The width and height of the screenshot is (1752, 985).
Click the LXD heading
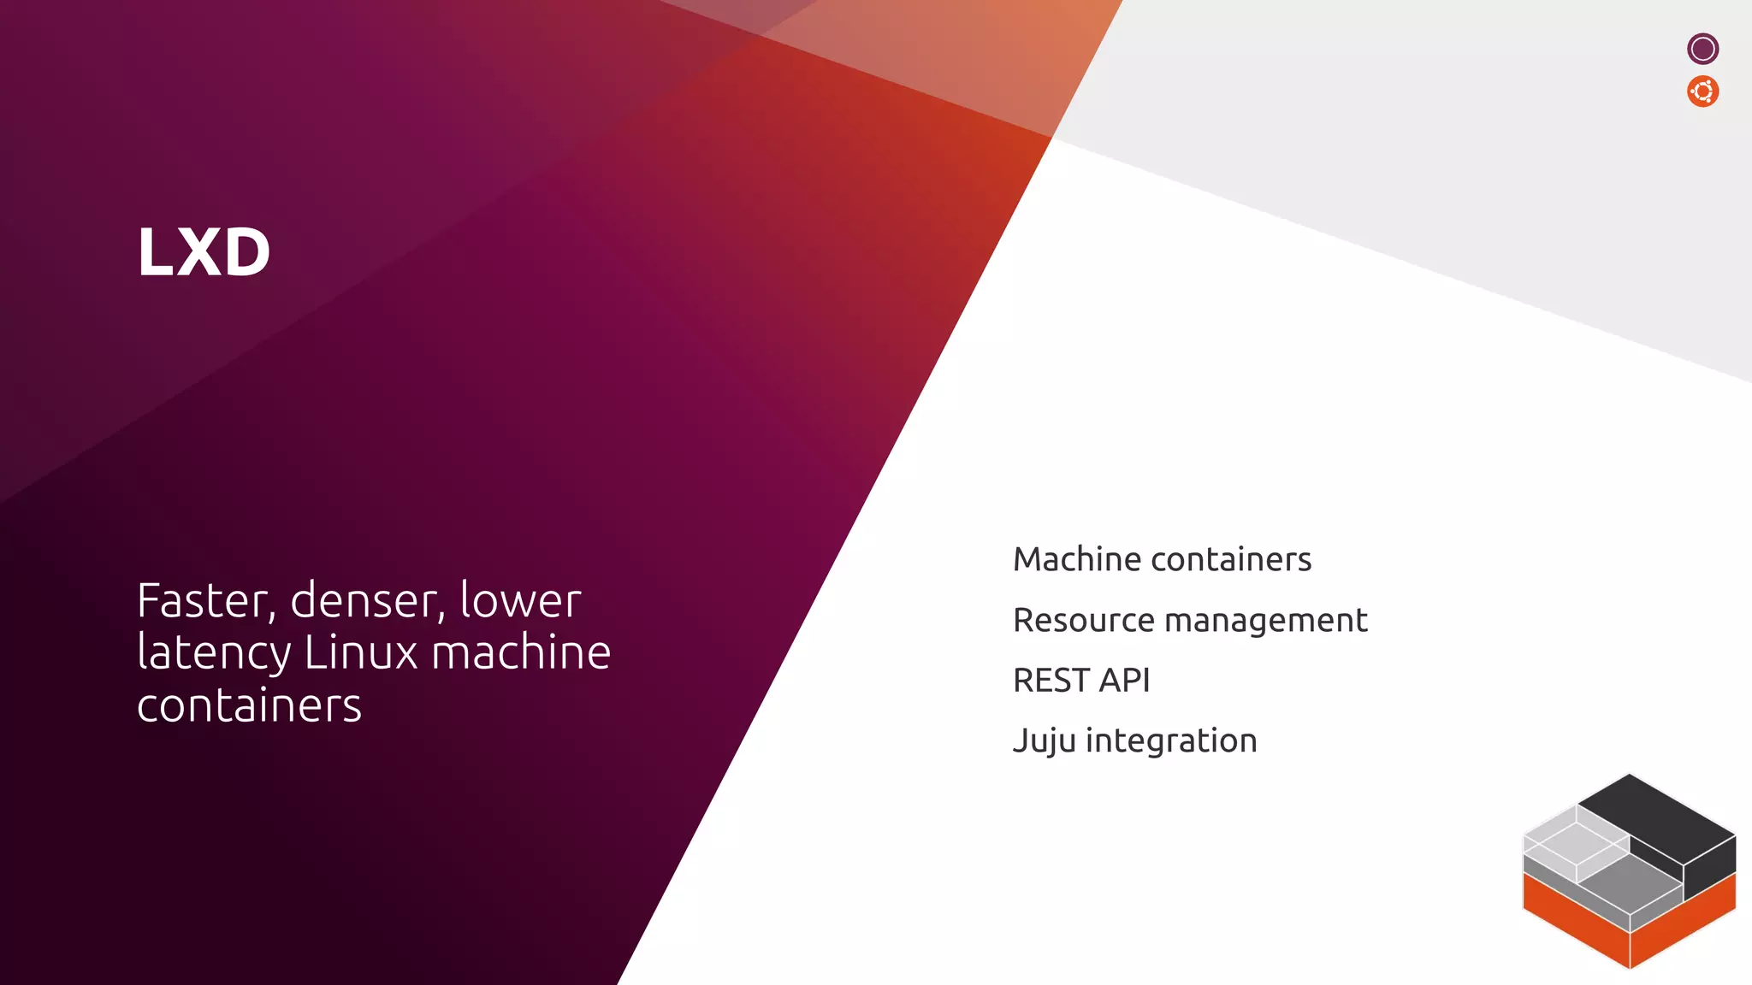click(204, 252)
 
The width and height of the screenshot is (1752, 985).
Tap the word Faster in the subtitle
click(206, 601)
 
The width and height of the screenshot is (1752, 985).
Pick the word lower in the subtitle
click(520, 601)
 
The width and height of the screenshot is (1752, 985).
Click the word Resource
click(1083, 621)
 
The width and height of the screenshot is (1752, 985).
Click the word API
click(1124, 681)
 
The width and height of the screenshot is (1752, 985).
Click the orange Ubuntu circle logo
click(1702, 91)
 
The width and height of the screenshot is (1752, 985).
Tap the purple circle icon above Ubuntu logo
click(1702, 49)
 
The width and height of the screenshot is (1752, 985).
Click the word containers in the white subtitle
click(249, 707)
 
